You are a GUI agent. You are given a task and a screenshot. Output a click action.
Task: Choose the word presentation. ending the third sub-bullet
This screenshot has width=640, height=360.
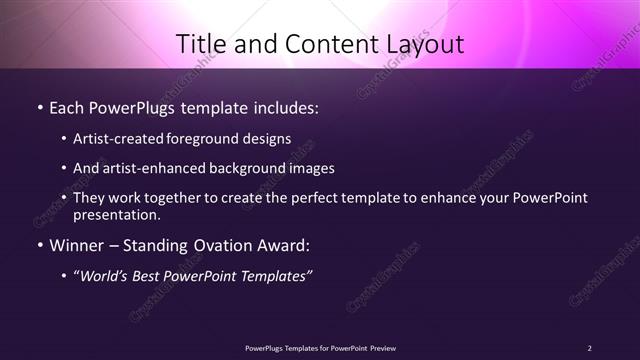(116, 214)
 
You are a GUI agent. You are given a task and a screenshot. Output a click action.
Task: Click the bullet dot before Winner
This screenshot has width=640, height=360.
(38, 245)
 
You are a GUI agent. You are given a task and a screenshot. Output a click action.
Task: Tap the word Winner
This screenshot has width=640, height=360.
(73, 245)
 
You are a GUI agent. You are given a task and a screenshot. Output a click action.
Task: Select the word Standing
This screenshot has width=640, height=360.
(153, 245)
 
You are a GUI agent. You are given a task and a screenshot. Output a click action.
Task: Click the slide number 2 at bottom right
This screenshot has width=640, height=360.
(589, 347)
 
